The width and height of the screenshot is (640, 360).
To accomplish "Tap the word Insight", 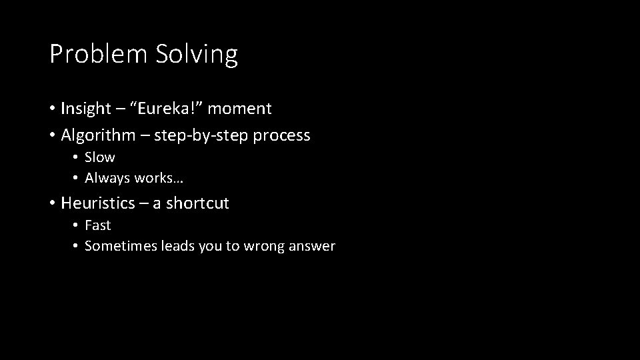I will tap(85, 108).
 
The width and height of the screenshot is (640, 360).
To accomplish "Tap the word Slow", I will tap(100, 157).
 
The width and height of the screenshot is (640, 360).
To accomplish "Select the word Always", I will tap(107, 178).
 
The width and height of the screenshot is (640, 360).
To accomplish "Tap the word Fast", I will tap(98, 225).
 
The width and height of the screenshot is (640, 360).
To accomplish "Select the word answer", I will tap(312, 246).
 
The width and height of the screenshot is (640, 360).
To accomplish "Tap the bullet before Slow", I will tap(76, 157).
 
